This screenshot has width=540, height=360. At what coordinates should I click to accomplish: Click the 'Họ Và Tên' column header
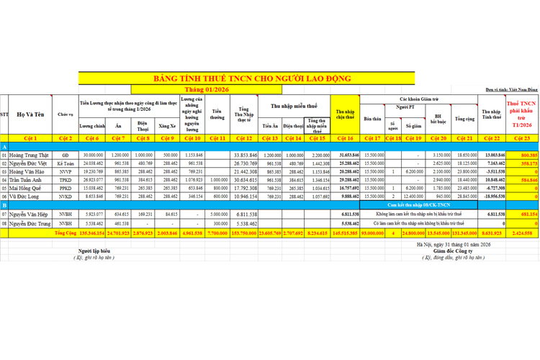(31, 114)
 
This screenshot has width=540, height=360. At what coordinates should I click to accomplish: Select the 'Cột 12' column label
(244, 138)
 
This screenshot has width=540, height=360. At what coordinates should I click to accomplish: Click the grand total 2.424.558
(525, 233)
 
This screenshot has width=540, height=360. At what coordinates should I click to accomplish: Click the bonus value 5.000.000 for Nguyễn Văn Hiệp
(219, 214)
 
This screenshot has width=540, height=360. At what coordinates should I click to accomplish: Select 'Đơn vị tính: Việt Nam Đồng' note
(510, 89)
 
